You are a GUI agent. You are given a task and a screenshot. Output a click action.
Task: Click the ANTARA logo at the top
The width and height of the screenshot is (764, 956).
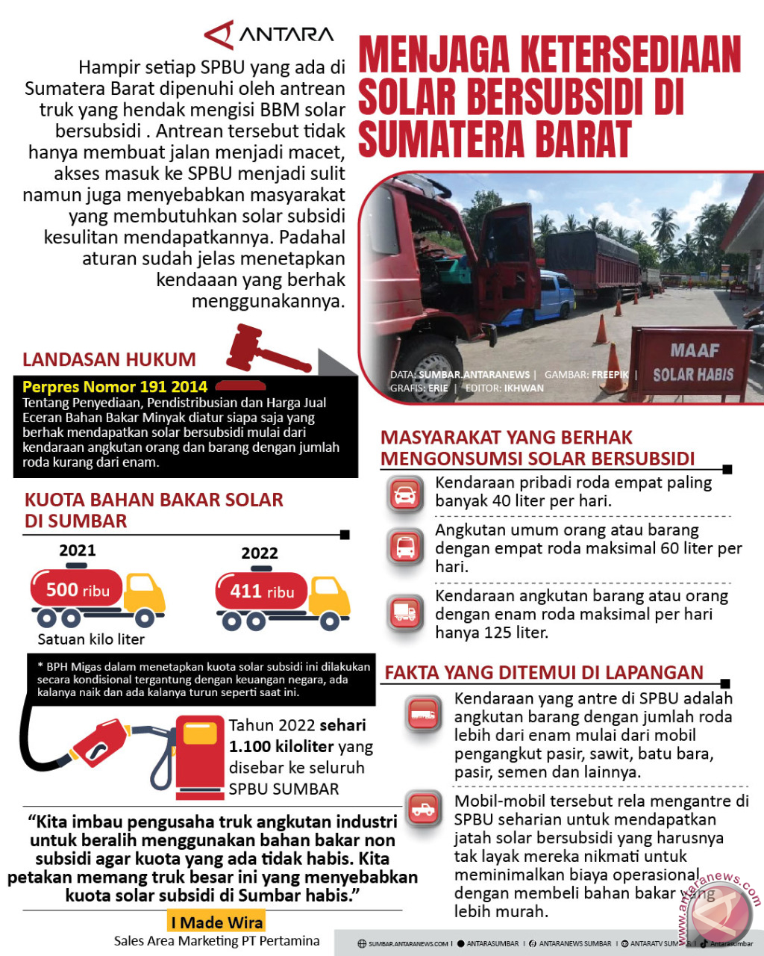pyautogui.click(x=269, y=34)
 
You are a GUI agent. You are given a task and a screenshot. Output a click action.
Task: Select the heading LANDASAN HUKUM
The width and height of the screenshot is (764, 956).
pyautogui.click(x=109, y=359)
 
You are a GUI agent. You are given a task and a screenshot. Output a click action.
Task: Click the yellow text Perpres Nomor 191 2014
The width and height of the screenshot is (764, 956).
pyautogui.click(x=115, y=387)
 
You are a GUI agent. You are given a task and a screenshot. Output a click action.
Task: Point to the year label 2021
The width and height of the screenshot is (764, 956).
pyautogui.click(x=78, y=550)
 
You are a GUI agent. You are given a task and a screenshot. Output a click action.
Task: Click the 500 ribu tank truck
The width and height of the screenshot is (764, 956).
pyautogui.click(x=97, y=595)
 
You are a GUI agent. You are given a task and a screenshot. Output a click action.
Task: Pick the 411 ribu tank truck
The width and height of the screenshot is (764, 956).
pyautogui.click(x=282, y=597)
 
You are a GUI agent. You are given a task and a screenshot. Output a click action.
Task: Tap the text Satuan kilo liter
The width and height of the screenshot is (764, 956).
pyautogui.click(x=91, y=639)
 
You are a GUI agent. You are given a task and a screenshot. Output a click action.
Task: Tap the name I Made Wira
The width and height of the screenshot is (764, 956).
pyautogui.click(x=216, y=922)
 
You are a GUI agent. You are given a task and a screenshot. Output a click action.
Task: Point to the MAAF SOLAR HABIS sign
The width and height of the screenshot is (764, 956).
pyautogui.click(x=693, y=363)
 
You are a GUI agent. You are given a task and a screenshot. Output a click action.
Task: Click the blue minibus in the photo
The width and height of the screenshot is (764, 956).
pyautogui.click(x=548, y=299)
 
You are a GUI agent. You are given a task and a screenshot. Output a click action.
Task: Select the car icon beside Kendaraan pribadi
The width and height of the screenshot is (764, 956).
pyautogui.click(x=405, y=494)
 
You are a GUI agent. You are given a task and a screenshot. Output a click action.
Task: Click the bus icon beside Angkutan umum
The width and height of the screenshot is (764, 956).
pyautogui.click(x=405, y=547)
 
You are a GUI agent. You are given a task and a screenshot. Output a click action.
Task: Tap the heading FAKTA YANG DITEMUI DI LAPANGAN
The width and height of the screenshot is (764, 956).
pyautogui.click(x=544, y=672)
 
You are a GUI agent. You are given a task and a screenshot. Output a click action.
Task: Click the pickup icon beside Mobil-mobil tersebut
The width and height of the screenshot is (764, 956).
pyautogui.click(x=424, y=809)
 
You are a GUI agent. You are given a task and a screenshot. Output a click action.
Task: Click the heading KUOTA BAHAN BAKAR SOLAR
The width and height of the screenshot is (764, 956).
pyautogui.click(x=154, y=500)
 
